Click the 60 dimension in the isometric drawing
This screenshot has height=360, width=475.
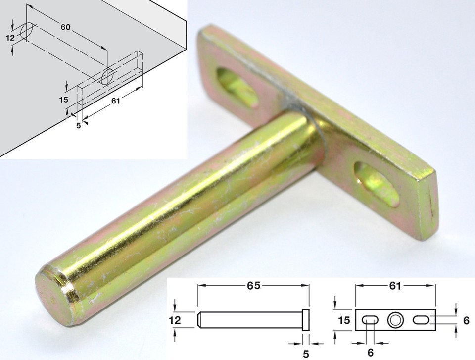pyautogui.click(x=65, y=27)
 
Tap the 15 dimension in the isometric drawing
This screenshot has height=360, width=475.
pyautogui.click(x=63, y=100)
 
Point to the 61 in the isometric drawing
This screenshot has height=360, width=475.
pyautogui.click(x=115, y=102)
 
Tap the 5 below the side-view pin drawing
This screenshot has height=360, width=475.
pyautogui.click(x=306, y=354)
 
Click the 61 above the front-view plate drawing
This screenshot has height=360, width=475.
pyautogui.click(x=395, y=286)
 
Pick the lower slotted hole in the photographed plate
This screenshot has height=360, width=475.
pyautogui.click(x=376, y=181)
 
